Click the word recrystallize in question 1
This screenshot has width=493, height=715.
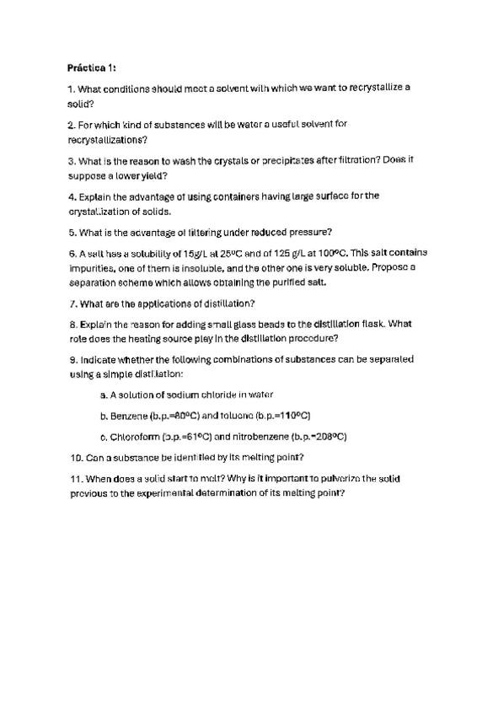(372, 87)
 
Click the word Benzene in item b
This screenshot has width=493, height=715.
(128, 416)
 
